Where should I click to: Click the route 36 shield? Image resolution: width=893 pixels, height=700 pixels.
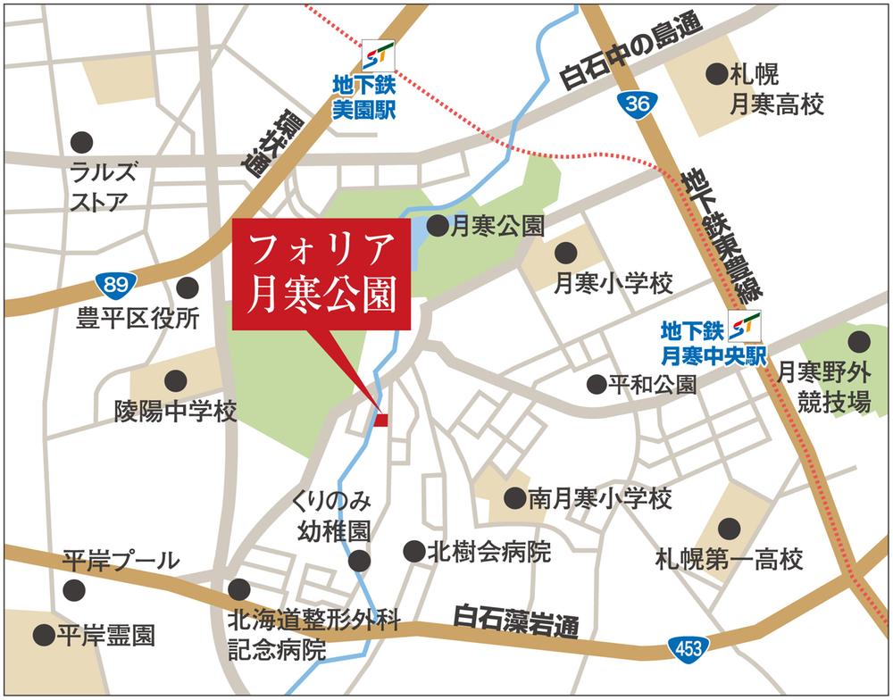click(x=636, y=104)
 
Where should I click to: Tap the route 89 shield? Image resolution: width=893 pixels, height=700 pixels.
click(x=115, y=285)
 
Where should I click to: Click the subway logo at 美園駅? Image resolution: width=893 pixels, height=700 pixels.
click(x=374, y=56)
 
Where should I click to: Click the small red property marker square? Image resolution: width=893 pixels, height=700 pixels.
click(x=381, y=420)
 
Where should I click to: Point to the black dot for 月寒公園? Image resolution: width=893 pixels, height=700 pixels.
click(x=438, y=227)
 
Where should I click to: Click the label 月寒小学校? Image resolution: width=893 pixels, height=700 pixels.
click(x=613, y=285)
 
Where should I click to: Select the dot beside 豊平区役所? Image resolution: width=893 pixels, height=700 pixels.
click(x=188, y=287)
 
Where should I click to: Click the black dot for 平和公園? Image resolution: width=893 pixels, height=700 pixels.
click(x=597, y=384)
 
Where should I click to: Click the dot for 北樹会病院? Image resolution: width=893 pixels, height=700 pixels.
click(x=413, y=551)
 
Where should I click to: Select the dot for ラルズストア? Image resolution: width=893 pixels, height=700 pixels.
click(x=81, y=141)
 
